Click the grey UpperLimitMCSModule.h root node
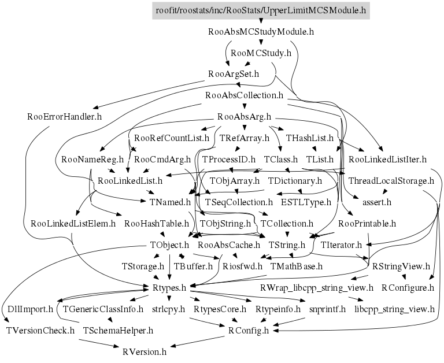(x=261, y=10)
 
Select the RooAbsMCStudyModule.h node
(x=261, y=31)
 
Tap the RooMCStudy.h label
(x=261, y=53)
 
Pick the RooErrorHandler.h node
(x=64, y=117)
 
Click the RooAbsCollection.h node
(x=244, y=95)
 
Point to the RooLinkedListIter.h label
(x=387, y=160)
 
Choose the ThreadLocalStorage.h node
(x=391, y=181)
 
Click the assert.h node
(x=377, y=202)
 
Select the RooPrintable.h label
(x=367, y=224)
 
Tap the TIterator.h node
(x=341, y=245)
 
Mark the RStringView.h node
(x=401, y=266)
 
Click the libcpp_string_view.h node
(x=394, y=309)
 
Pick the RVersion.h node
(x=145, y=352)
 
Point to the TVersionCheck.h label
(x=40, y=331)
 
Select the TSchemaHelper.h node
(x=118, y=331)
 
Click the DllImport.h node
(x=30, y=309)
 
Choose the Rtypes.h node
(x=169, y=288)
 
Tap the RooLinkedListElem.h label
(x=73, y=224)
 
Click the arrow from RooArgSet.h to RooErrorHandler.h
(x=149, y=94)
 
